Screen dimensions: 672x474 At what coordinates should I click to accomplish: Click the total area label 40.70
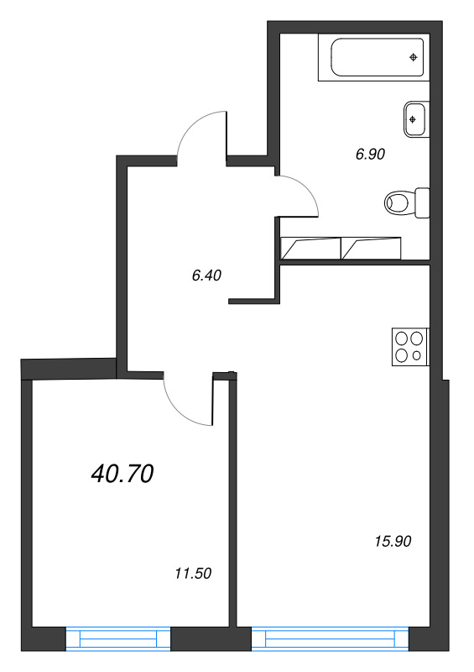[122, 475]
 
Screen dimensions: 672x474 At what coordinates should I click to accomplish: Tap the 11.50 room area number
[192, 575]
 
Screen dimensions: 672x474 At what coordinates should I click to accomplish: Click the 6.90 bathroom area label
[370, 154]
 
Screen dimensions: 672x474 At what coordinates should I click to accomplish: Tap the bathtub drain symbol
[413, 57]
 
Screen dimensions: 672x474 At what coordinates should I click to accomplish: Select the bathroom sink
[416, 118]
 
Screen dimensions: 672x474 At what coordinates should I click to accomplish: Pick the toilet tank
[422, 202]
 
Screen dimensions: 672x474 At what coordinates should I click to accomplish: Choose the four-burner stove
[409, 347]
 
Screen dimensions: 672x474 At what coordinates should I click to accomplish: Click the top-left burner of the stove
[401, 339]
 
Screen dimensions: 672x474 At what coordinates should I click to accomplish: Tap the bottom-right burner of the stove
[417, 355]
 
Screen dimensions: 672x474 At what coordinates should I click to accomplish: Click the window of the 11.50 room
[118, 640]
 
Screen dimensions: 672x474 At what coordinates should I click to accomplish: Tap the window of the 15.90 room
[331, 640]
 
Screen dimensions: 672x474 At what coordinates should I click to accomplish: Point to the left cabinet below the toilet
[310, 248]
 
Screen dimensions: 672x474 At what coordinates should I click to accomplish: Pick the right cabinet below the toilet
[372, 248]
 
